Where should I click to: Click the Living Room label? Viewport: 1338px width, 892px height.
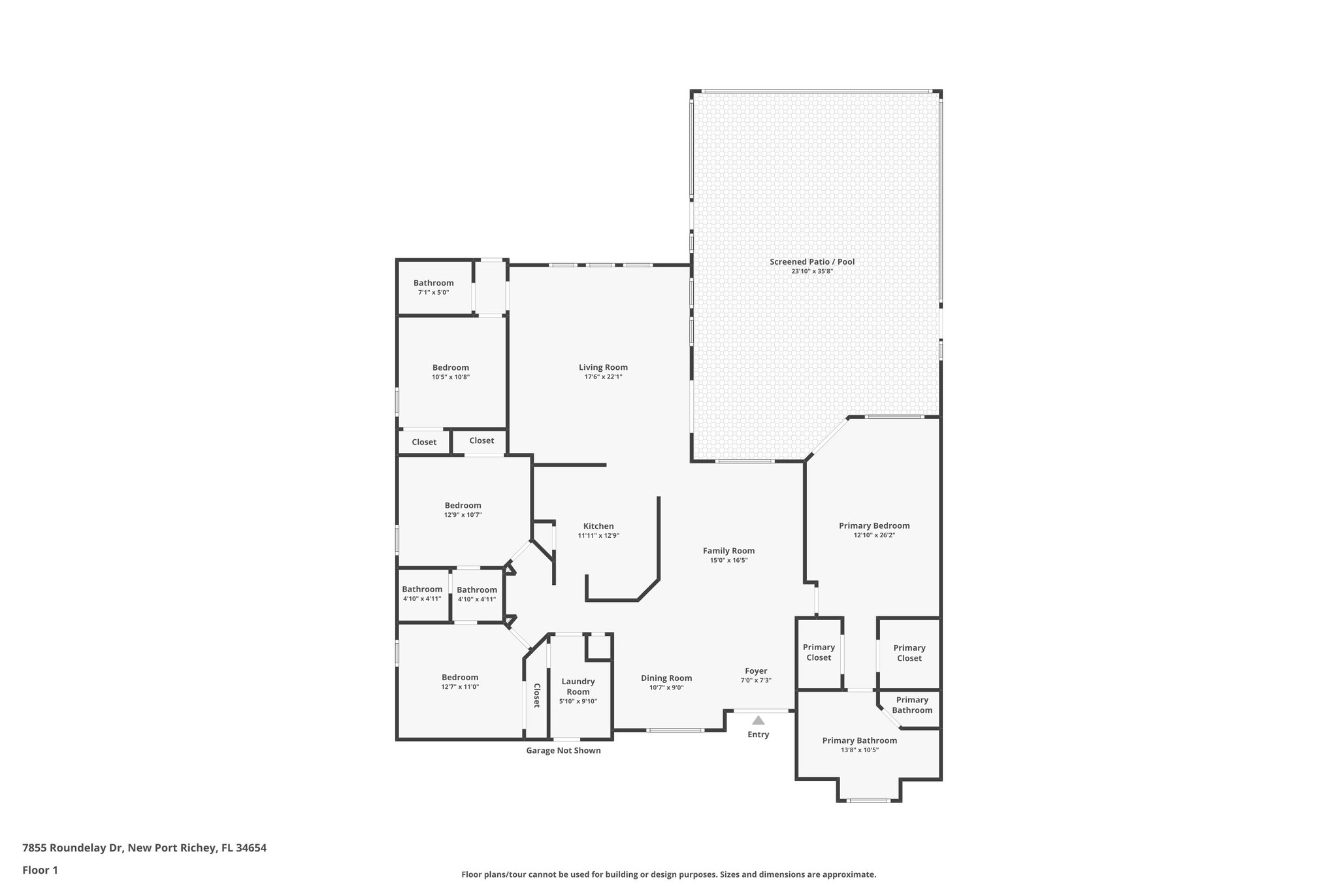[603, 367]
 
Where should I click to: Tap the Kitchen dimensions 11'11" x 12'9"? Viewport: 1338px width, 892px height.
[598, 536]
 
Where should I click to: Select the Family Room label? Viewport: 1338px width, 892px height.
[728, 551]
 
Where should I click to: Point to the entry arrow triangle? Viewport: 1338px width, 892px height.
[758, 720]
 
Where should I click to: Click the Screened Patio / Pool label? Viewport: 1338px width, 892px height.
[812, 262]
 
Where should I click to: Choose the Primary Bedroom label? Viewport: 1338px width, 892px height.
[874, 525]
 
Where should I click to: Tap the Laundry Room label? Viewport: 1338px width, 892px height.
[578, 686]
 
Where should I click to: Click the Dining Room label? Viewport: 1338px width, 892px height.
[666, 678]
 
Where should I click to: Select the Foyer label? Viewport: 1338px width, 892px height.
[756, 671]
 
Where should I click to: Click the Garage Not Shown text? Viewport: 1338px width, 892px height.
[563, 751]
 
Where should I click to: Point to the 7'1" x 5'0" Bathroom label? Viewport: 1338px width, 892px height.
[433, 283]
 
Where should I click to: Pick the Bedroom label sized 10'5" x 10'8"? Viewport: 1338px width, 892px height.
[451, 368]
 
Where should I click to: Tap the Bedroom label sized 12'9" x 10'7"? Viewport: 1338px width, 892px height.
[463, 505]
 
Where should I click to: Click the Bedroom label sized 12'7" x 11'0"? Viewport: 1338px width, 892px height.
[460, 678]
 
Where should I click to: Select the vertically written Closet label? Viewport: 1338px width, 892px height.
[537, 695]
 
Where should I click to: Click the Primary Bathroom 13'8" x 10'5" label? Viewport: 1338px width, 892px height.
[859, 740]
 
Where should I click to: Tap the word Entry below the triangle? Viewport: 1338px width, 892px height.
[758, 735]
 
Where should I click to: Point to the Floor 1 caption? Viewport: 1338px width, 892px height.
[41, 870]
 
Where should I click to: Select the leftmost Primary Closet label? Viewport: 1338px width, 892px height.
[819, 652]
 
